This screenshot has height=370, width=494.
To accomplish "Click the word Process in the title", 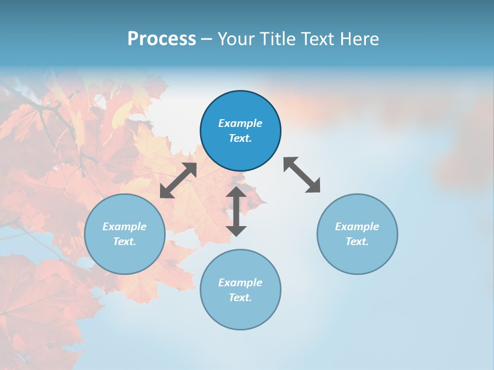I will pos(162,39).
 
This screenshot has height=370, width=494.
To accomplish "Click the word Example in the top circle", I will pos(240,123).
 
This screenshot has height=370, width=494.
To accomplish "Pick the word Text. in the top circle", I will pos(240,138).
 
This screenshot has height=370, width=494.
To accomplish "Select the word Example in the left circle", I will pos(125,227).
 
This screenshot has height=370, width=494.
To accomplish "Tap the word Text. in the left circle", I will pos(125,242).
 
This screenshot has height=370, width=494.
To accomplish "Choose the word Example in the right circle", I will pos(357,227).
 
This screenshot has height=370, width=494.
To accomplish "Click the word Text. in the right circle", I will pos(357,242).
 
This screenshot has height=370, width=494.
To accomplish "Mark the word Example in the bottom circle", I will pos(240,283).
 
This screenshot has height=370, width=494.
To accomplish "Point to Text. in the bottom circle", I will pos(240,298).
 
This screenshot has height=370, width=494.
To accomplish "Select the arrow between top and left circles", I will pos(178,180).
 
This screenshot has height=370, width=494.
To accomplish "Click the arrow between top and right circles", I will pos(302,175).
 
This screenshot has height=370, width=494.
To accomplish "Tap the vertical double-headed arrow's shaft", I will pos(236,211).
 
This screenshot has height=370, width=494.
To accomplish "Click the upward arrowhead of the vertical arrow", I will pos(236,192).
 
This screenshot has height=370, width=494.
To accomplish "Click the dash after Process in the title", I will pos(206,40).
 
